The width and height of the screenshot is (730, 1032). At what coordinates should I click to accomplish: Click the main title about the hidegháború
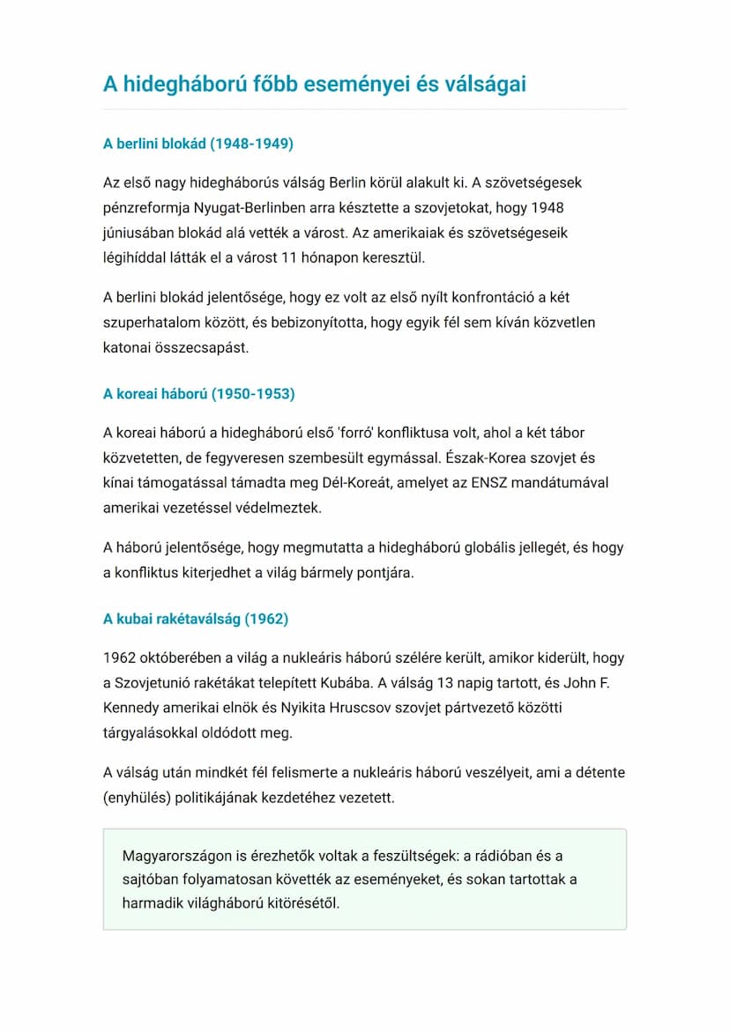click(315, 84)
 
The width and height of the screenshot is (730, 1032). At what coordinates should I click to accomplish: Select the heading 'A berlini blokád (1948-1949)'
click(198, 144)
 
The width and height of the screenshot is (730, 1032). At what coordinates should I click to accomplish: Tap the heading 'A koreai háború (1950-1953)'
click(199, 394)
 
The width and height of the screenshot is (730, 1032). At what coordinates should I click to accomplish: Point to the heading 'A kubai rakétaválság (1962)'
click(196, 619)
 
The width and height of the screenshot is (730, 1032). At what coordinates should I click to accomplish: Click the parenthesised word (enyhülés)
click(139, 798)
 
